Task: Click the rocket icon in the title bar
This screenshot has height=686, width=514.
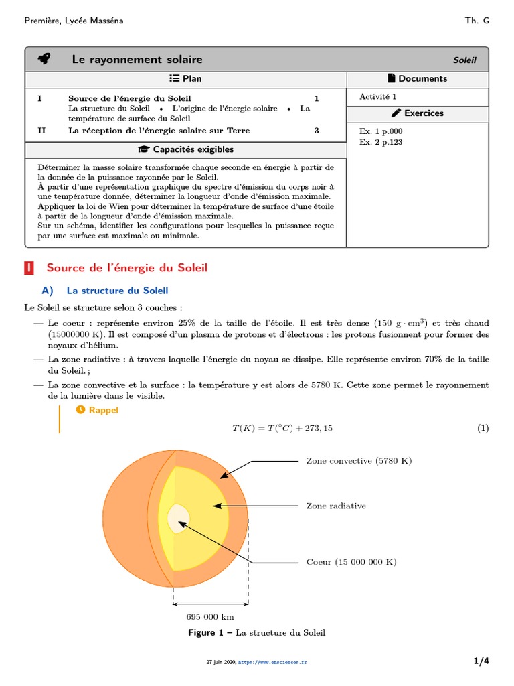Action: pyautogui.click(x=44, y=60)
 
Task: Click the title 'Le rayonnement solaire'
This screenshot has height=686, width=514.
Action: pyautogui.click(x=137, y=60)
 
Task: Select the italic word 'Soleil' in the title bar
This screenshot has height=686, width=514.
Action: pyautogui.click(x=464, y=60)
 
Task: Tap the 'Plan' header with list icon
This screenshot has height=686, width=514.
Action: pyautogui.click(x=185, y=78)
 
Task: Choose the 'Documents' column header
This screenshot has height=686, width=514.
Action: pyautogui.click(x=417, y=78)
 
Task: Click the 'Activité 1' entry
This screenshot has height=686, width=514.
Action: pyautogui.click(x=377, y=96)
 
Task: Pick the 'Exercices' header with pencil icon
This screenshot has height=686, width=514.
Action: pyautogui.click(x=417, y=113)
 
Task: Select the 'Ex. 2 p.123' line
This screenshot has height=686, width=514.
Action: pyautogui.click(x=381, y=142)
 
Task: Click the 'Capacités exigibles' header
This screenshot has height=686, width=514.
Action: pyautogui.click(x=185, y=149)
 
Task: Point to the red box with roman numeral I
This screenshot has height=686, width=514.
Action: pyautogui.click(x=29, y=268)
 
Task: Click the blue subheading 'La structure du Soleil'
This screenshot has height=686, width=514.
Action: pyautogui.click(x=117, y=291)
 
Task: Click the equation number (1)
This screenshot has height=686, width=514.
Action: pyautogui.click(x=483, y=429)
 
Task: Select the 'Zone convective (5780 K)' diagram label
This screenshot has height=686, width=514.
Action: pyautogui.click(x=359, y=461)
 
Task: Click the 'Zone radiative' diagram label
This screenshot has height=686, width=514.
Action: pyautogui.click(x=336, y=506)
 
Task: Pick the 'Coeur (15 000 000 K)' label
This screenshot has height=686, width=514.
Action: pyautogui.click(x=351, y=562)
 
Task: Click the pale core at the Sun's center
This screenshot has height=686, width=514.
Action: pyautogui.click(x=179, y=518)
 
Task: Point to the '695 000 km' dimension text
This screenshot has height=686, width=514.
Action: pyautogui.click(x=209, y=617)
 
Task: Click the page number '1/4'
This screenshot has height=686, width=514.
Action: pyautogui.click(x=481, y=661)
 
